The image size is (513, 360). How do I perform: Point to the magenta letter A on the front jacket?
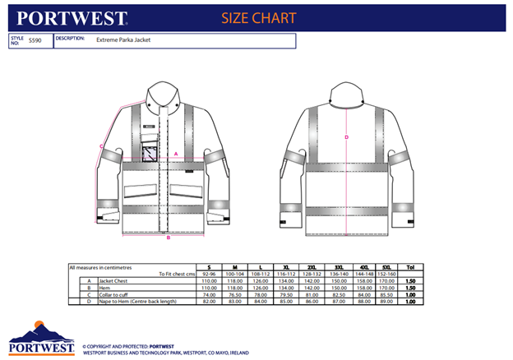coord(177,154)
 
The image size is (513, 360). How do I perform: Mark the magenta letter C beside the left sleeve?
coord(101,146)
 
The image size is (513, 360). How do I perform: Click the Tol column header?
coord(410,267)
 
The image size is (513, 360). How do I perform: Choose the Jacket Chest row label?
coord(115,281)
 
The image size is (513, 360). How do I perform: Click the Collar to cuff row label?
coord(116,295)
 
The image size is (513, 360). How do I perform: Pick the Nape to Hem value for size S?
coord(209,302)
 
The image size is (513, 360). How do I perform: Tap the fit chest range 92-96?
coord(209,274)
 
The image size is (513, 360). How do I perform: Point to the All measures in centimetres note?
coord(101,267)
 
